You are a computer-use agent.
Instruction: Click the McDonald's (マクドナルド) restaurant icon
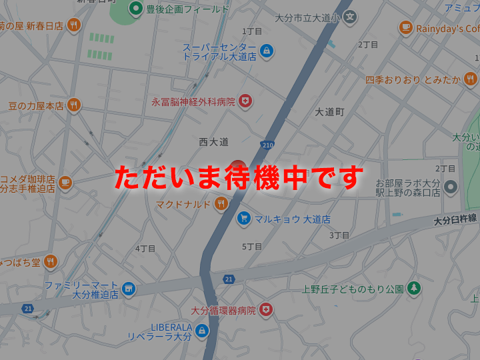click(221, 203)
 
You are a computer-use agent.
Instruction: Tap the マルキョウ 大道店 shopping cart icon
click(244, 218)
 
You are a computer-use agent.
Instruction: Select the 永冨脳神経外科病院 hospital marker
click(246, 101)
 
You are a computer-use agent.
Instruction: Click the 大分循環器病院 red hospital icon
click(266, 309)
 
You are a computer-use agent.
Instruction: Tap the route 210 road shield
click(267, 145)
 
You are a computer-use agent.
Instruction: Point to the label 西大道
click(213, 141)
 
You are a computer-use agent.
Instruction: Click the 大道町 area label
click(329, 112)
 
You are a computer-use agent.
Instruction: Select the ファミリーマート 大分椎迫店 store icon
click(128, 289)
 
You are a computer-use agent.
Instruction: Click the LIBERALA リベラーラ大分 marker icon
click(202, 331)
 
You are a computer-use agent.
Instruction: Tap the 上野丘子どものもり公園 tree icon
click(414, 288)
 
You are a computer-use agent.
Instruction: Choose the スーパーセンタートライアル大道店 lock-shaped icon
click(267, 51)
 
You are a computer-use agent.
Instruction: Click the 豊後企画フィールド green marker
click(136, 9)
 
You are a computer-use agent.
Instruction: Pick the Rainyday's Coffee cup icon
click(405, 28)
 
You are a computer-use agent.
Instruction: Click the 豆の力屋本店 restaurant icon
click(73, 105)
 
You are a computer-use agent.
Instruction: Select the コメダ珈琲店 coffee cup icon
click(65, 181)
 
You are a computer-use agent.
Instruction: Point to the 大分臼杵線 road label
click(455, 219)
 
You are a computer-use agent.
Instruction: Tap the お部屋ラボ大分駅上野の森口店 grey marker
click(451, 187)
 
